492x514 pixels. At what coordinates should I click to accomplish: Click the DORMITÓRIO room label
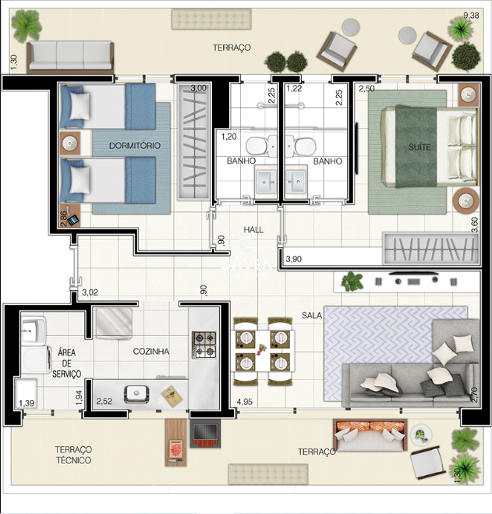[135, 146]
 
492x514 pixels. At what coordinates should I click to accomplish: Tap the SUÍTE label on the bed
[419, 147]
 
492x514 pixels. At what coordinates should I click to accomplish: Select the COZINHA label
[151, 352]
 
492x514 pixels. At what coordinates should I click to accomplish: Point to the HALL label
[253, 229]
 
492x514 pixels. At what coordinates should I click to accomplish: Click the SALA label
[312, 315]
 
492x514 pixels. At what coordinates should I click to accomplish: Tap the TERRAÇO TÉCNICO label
[73, 455]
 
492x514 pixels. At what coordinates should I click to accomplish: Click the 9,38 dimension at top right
[471, 15]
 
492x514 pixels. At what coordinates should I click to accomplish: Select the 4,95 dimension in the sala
[245, 402]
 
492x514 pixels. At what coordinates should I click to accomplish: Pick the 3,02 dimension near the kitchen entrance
[90, 292]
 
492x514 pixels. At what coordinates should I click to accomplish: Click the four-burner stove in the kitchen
[204, 345]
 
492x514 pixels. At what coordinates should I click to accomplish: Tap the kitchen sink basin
[136, 394]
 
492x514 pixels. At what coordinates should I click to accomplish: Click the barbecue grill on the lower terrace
[205, 434]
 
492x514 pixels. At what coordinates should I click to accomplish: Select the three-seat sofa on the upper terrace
[70, 56]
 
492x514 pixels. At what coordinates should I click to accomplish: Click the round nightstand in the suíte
[465, 200]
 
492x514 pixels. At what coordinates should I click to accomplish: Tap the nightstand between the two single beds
[70, 144]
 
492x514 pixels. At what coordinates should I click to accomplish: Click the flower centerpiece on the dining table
[261, 349]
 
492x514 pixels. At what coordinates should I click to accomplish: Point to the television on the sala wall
[414, 273]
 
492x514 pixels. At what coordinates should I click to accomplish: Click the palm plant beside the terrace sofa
[26, 26]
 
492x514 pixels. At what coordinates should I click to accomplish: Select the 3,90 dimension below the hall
[294, 259]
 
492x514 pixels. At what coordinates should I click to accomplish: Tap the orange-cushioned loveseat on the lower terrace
[370, 435]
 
